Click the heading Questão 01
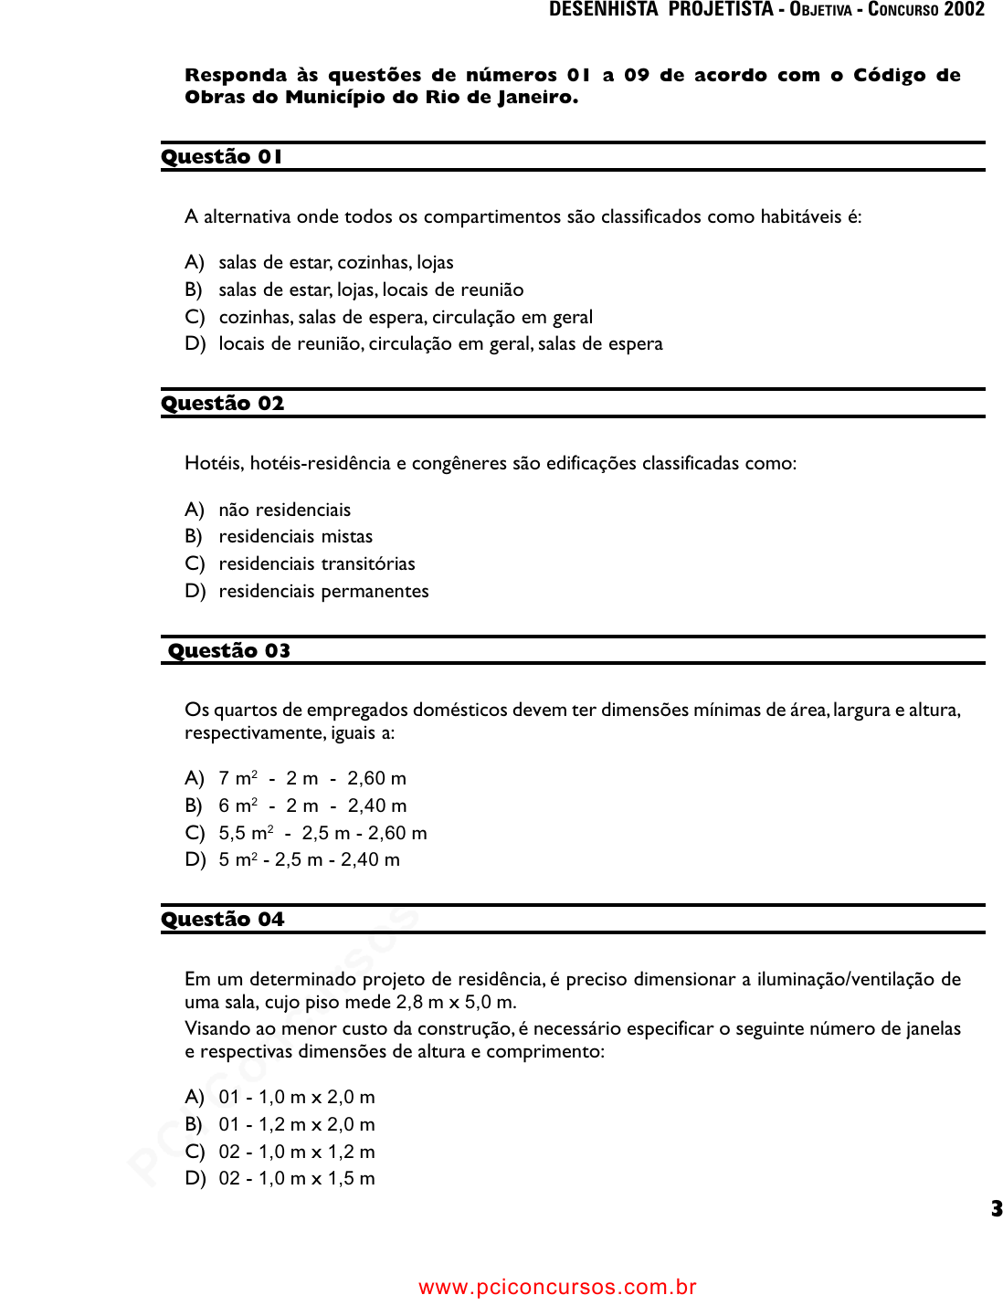click(x=222, y=157)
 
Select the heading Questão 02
click(x=223, y=404)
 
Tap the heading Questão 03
click(x=229, y=651)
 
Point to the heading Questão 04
click(x=223, y=920)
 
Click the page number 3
click(x=996, y=1209)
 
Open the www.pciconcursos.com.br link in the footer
click(x=557, y=1288)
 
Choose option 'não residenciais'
click(x=284, y=510)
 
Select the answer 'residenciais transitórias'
click(x=316, y=563)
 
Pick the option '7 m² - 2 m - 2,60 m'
click(x=311, y=779)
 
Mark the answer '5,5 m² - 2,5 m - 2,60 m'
click(x=322, y=833)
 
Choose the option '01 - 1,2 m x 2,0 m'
click(x=296, y=1124)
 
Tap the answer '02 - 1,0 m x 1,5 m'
click(x=296, y=1179)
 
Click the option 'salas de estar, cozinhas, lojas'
click(x=335, y=263)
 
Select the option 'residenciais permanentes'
click(x=323, y=591)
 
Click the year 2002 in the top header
click(x=964, y=10)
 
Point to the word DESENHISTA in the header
click(x=603, y=10)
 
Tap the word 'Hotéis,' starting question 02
click(x=215, y=464)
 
